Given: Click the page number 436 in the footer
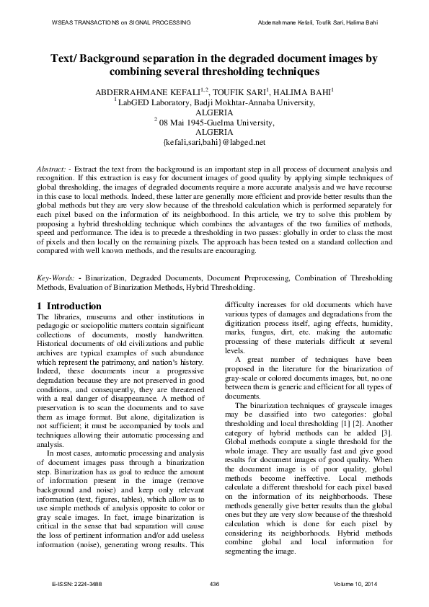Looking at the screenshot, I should point(214,582).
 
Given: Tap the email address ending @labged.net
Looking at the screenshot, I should point(214,142).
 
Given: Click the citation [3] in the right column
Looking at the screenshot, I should point(386,412).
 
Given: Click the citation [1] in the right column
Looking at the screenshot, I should point(350,403).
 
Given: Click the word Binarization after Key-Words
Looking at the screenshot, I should point(99,277).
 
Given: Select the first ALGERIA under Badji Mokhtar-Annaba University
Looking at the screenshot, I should point(214,113).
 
